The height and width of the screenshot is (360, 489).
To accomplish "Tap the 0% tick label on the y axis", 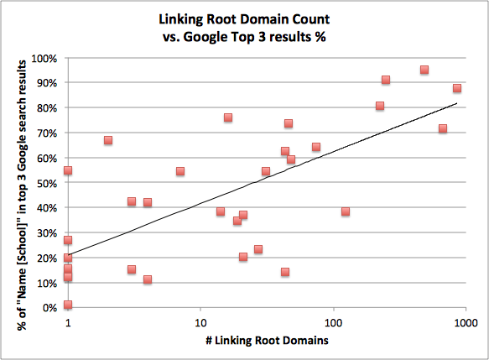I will click(x=50, y=307).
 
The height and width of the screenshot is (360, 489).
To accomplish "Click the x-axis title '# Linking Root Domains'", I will click(x=266, y=341).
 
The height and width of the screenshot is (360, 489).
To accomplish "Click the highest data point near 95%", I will click(x=424, y=70).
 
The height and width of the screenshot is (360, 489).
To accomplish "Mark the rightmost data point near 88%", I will click(x=457, y=88).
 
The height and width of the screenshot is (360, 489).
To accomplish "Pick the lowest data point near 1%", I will click(x=68, y=305).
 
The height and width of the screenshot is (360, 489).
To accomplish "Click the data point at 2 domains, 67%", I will click(x=108, y=140).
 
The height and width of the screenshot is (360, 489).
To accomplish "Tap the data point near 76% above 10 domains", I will click(x=228, y=117).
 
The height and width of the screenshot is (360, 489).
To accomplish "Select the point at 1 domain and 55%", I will click(x=68, y=170).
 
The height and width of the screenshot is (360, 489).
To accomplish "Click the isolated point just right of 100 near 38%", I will click(x=345, y=211).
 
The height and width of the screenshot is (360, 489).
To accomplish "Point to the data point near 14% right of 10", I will click(x=285, y=272).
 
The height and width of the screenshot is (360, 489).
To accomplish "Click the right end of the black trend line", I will click(x=456, y=104).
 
